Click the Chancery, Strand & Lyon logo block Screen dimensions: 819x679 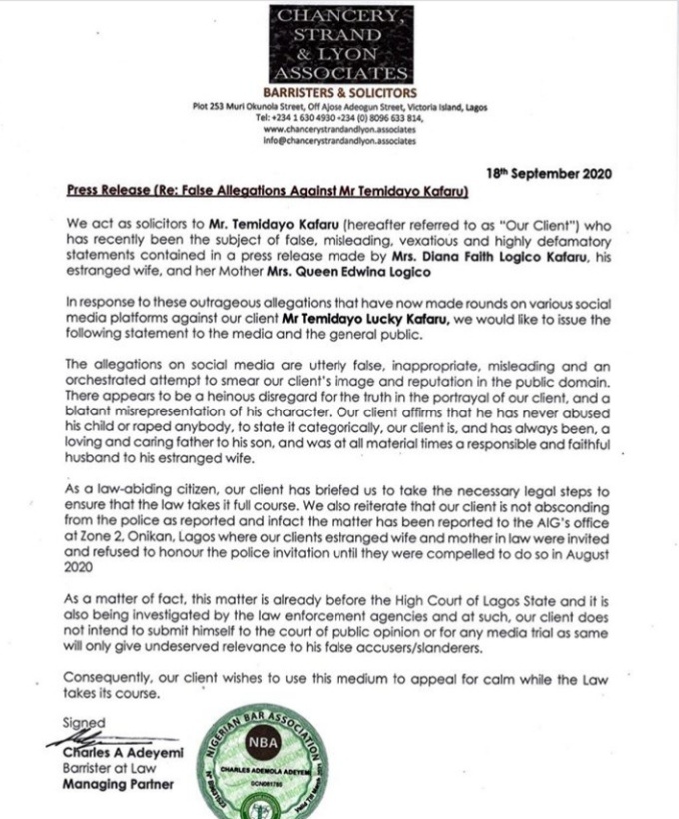pos(339,44)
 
